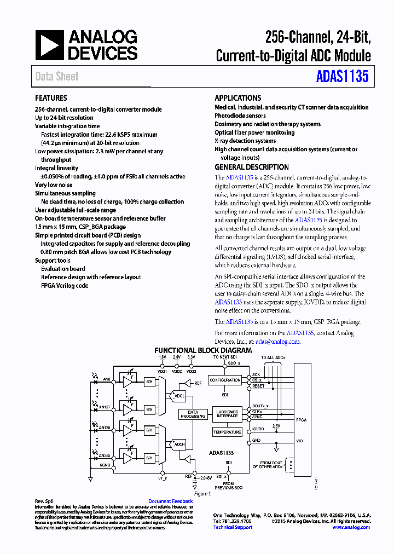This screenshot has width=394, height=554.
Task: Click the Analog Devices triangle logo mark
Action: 50,45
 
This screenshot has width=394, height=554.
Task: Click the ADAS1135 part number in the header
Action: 342,76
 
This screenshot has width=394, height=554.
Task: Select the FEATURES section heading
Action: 51,99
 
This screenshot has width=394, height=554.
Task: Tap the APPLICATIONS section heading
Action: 237,98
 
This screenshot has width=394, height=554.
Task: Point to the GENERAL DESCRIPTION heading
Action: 252,168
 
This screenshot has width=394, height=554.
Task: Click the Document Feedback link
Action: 170,501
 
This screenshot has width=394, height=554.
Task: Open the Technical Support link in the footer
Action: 233,527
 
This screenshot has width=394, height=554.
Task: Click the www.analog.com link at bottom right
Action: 351,527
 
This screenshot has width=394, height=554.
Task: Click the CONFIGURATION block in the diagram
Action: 225,380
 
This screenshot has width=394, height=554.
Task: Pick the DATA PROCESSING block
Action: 193,414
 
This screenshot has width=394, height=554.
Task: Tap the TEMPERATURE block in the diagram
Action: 227,432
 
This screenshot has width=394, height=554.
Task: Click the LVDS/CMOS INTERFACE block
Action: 227,414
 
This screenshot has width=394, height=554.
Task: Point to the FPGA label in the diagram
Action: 302,419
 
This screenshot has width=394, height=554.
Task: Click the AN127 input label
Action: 105,407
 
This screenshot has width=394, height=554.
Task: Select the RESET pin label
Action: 258,386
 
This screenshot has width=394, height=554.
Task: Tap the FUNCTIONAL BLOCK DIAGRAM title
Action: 203,350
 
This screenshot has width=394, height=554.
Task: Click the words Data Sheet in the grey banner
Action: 57,77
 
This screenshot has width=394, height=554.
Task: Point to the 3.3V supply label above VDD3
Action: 191,357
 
